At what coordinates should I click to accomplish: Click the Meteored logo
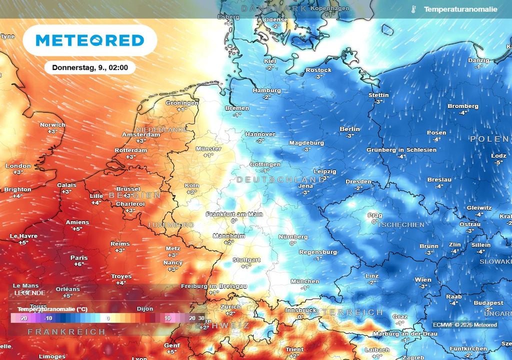coord(90,40)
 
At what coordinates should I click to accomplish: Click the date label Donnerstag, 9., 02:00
coord(90,67)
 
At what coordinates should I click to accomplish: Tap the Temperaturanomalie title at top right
coord(460,9)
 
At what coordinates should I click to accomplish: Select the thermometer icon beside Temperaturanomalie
coord(414,9)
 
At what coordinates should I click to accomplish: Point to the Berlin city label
coord(349,129)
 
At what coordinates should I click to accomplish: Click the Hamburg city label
coord(266,90)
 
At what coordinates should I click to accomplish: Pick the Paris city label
coord(79,258)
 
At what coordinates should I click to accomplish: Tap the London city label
coord(18,166)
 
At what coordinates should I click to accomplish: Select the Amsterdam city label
coord(141,134)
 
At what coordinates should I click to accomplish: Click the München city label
coord(304,281)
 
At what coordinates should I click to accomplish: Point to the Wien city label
coord(423,280)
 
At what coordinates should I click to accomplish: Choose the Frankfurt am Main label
coord(234,214)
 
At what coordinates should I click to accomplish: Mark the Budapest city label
coord(488,303)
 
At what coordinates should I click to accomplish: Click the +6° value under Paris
coord(79,264)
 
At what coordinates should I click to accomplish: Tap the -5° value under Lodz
coord(498,162)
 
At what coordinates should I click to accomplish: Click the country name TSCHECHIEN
coord(401,225)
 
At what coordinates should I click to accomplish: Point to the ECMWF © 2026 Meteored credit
coord(465,325)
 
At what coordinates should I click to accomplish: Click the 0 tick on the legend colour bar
coord(107,318)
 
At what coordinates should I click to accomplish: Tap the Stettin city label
coord(378,95)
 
